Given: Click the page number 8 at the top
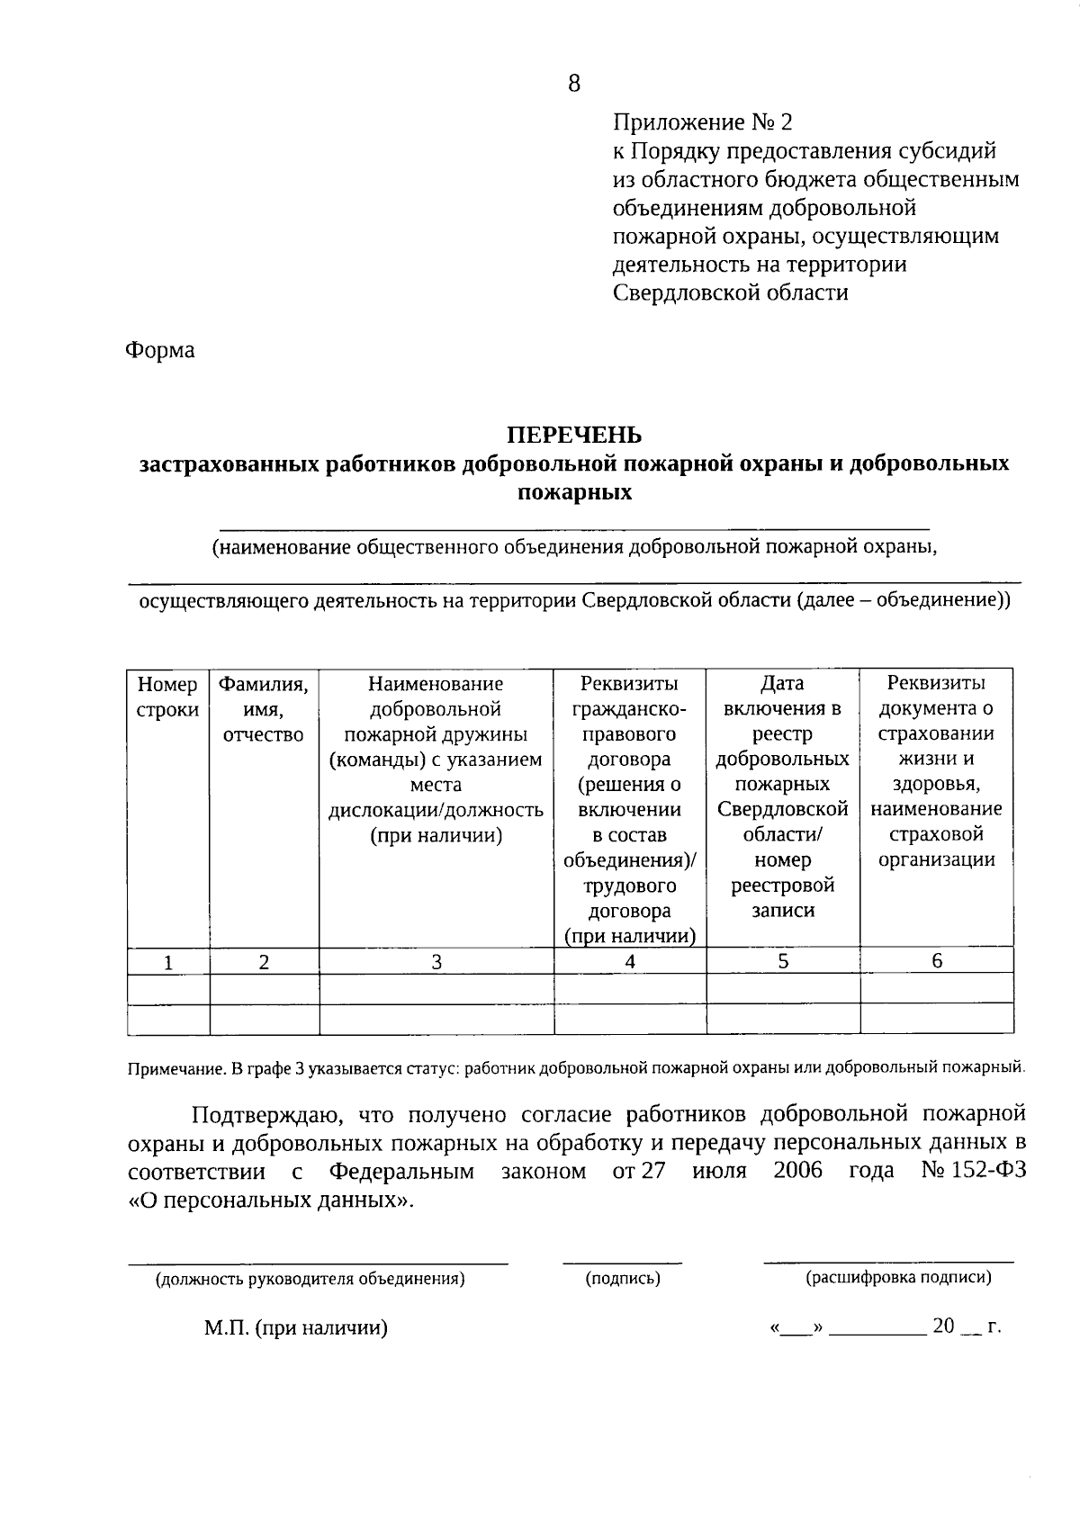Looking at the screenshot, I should pos(574,84).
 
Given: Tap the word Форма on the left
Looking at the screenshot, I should pos(159,350).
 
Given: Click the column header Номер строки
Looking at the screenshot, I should pos(168,697).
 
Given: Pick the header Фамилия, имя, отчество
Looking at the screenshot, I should pos(264,709).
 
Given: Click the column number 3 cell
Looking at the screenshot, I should pos(436,961).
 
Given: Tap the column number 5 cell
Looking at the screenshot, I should pos(783,961).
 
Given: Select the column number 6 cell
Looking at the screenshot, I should pos(937,961).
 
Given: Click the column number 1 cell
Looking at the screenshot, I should pos(168,962).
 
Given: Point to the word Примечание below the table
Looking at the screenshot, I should pos(175,1069).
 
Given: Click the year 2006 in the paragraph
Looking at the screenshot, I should pos(797,1172).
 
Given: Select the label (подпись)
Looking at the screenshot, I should pos(623,1278).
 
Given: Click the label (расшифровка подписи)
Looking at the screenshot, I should pos(898,1277).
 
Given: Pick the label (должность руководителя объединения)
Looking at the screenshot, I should pos(310,1279).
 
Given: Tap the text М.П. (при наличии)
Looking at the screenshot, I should pos(295,1328).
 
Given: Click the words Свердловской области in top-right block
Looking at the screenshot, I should pos(730,293).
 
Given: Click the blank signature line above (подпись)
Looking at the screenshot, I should pos(623,1263).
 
